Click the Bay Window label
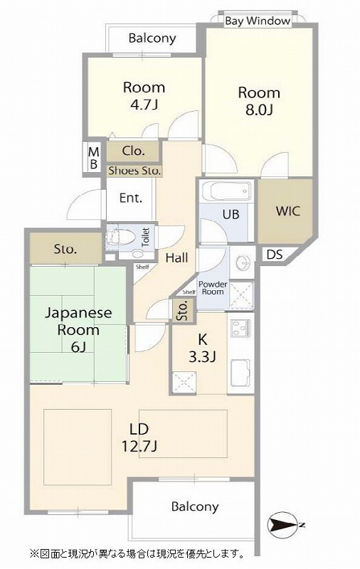click(x=258, y=21)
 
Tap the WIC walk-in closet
click(x=285, y=211)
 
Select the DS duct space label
click(x=275, y=255)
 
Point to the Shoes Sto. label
click(x=134, y=171)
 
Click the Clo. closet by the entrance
click(x=133, y=151)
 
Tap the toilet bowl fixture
click(x=120, y=238)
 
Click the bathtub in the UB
click(x=226, y=191)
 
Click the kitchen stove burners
click(x=240, y=327)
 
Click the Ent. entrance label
click(x=131, y=198)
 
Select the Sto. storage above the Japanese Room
click(x=65, y=249)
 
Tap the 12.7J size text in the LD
click(x=139, y=447)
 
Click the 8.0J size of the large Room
click(x=259, y=110)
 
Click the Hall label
click(x=176, y=258)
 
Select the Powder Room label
click(x=213, y=288)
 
